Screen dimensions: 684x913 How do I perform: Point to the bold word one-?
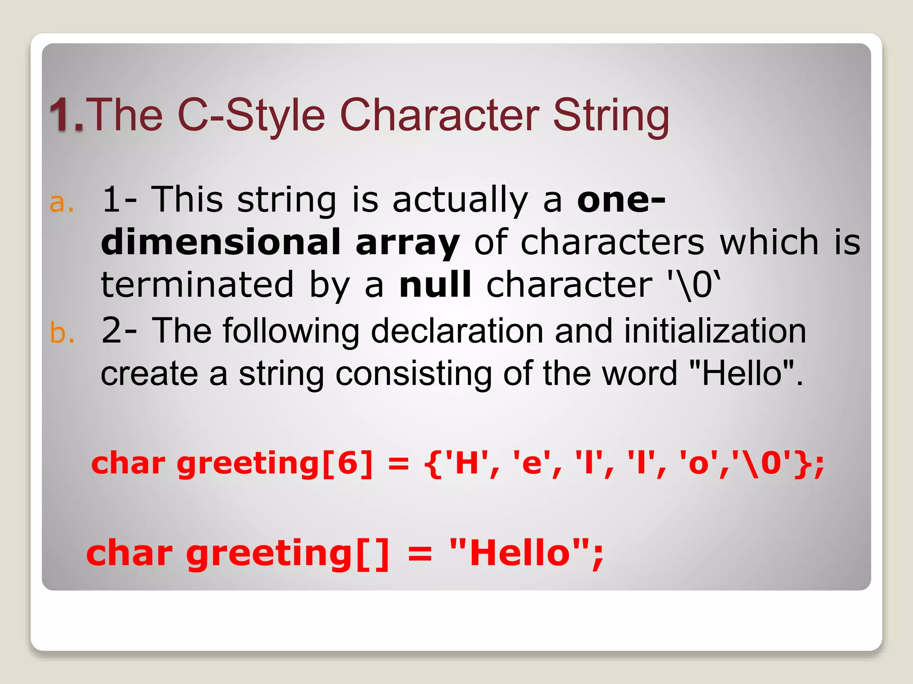tap(621, 200)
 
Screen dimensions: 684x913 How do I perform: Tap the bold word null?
tap(435, 285)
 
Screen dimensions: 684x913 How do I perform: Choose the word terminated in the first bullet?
tap(197, 285)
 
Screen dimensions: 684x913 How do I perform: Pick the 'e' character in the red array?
tap(531, 464)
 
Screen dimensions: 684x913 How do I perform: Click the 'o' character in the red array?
tap(699, 464)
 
